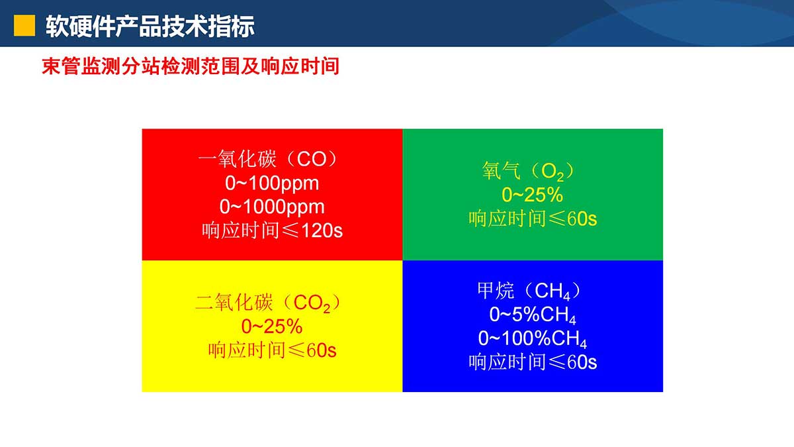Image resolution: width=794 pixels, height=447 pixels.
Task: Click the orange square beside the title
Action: point(24,26)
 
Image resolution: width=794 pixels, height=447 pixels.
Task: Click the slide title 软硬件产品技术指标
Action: point(150,26)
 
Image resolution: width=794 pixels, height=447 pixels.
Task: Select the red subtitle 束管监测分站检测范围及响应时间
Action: point(191,66)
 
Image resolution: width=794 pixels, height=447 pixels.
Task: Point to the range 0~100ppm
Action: point(272,183)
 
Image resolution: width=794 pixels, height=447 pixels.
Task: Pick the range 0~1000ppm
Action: point(272,207)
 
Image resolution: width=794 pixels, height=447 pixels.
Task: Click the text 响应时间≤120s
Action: point(272,230)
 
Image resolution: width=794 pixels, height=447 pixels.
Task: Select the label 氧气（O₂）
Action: point(528,172)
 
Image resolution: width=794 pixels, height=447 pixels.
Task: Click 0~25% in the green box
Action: point(533,195)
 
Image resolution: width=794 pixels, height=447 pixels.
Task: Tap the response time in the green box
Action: point(533,219)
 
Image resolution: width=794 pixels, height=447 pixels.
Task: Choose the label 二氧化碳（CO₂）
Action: point(267,303)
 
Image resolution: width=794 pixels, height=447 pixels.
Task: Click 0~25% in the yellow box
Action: point(272,326)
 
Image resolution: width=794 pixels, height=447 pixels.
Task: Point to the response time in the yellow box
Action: point(272,350)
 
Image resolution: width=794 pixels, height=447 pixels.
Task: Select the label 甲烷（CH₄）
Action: point(529,291)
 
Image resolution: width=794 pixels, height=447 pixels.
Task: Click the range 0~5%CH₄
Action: point(533,315)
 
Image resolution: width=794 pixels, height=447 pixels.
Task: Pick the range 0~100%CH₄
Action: point(533,338)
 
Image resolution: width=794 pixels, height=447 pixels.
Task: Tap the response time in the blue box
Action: point(533,362)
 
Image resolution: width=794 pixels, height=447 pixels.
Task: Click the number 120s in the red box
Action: point(322,231)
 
